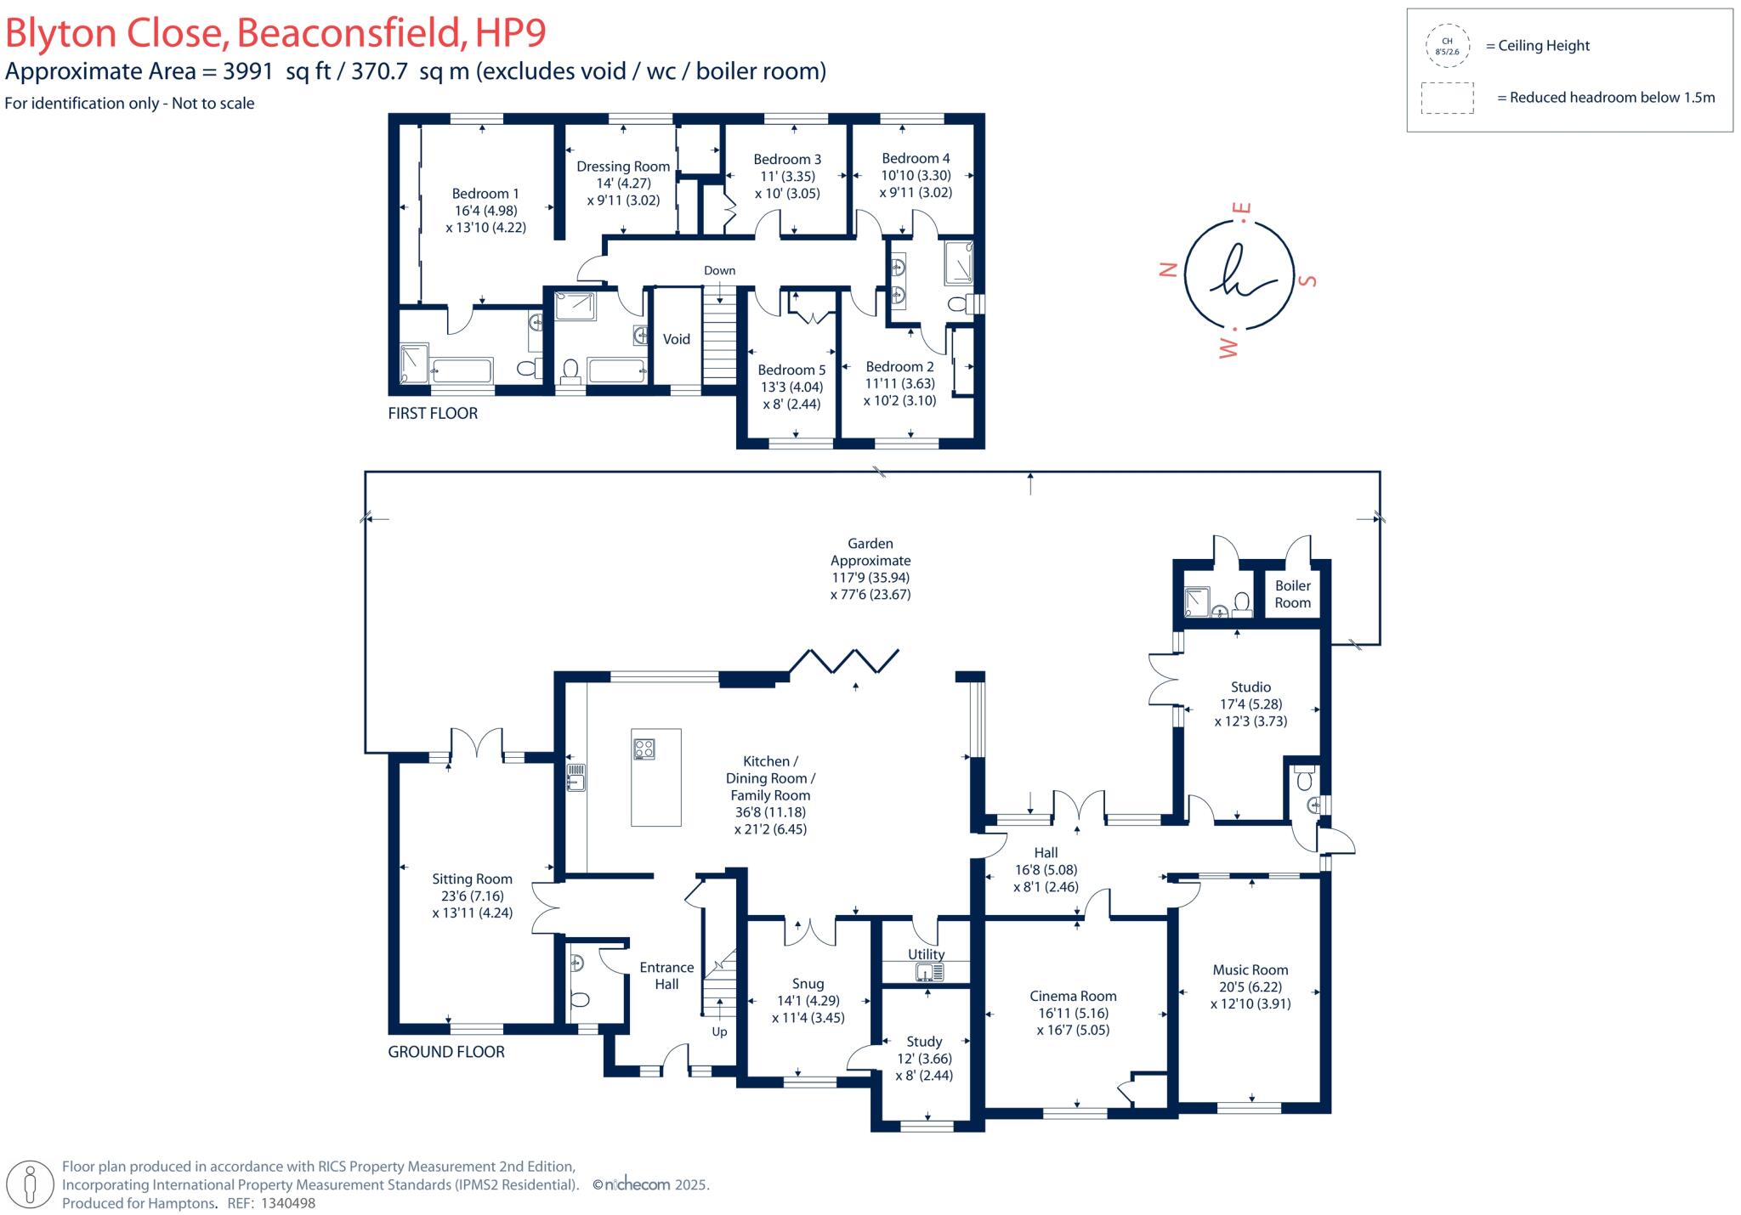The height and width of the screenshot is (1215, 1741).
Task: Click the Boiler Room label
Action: click(1292, 594)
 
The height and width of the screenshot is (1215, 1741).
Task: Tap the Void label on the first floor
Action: click(677, 339)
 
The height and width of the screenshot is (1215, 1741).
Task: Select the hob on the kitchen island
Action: click(644, 749)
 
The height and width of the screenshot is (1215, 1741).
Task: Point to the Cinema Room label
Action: click(1073, 996)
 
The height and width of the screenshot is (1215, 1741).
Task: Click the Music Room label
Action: click(1250, 969)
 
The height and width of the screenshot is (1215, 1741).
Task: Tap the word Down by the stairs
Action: click(719, 270)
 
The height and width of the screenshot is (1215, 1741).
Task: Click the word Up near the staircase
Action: click(719, 1031)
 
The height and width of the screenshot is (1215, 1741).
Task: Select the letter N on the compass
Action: click(1169, 269)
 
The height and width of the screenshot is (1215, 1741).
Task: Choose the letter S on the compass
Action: click(1310, 280)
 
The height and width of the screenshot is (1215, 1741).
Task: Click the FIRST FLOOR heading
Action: click(433, 413)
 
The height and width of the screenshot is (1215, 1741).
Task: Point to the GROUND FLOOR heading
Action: click(446, 1051)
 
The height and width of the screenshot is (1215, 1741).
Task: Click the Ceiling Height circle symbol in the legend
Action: click(1447, 46)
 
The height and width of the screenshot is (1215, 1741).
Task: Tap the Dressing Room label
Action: click(623, 167)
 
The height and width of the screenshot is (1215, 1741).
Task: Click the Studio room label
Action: click(1250, 687)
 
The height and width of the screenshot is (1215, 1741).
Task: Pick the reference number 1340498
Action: click(287, 1203)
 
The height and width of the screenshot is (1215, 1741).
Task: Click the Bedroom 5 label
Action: click(791, 370)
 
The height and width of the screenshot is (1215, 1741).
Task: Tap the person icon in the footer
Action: click(31, 1184)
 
